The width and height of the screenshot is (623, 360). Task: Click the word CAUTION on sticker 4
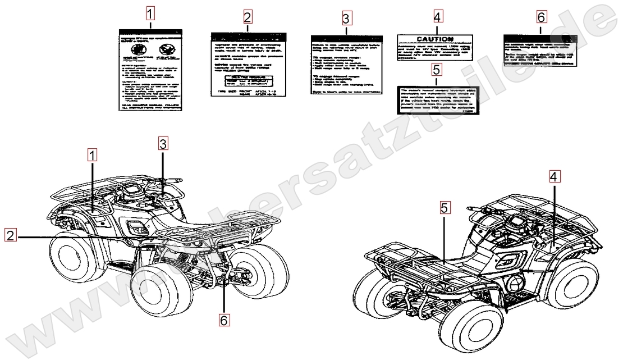click(x=435, y=39)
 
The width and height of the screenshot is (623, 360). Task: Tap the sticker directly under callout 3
click(x=346, y=65)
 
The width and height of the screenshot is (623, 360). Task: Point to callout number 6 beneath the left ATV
click(x=224, y=320)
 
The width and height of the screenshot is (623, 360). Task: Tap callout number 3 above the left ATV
click(x=163, y=144)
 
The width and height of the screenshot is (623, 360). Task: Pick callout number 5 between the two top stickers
click(x=437, y=70)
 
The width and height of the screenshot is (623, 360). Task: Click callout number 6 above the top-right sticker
click(x=540, y=17)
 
